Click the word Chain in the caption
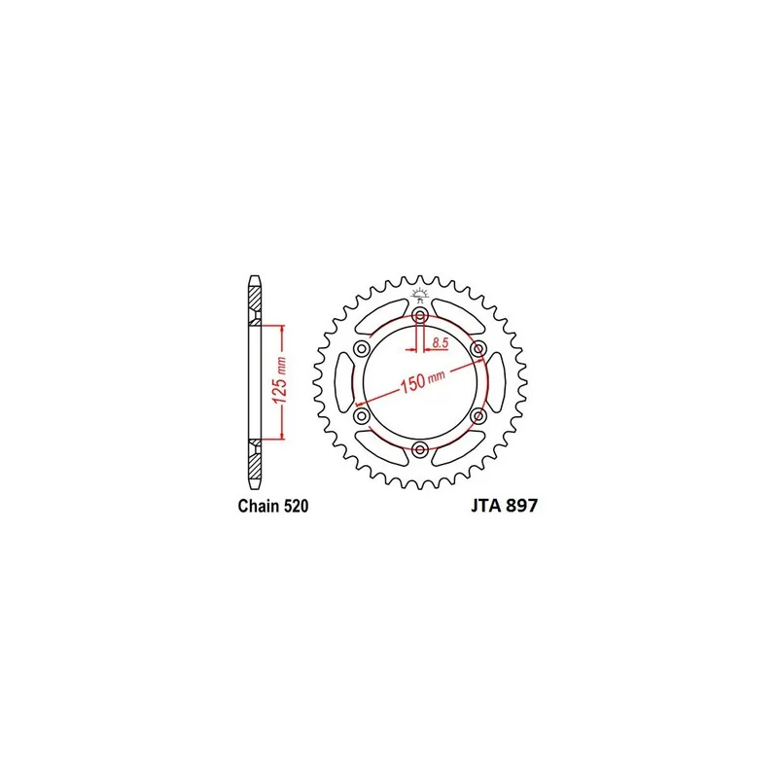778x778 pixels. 259,506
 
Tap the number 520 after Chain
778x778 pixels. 297,506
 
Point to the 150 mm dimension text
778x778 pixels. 423,380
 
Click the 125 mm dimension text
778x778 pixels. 280,380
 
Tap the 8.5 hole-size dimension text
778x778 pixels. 441,342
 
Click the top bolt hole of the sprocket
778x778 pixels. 420,315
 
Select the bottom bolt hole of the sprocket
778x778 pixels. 420,449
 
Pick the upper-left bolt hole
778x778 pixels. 362,349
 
